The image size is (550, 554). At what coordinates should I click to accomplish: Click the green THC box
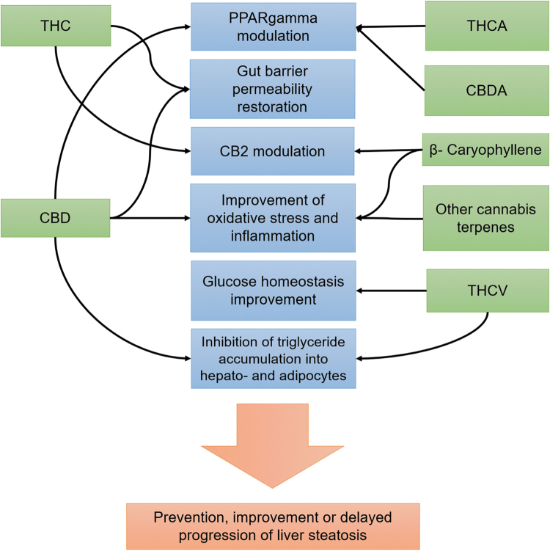click(55, 26)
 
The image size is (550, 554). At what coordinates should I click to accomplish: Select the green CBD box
click(55, 218)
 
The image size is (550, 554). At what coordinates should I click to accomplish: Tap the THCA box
click(487, 26)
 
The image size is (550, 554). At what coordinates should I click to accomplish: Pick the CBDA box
click(487, 91)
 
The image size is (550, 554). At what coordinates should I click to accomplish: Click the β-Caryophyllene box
click(485, 151)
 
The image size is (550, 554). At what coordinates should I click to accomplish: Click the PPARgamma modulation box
click(273, 26)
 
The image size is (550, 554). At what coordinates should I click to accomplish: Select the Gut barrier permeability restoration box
click(273, 89)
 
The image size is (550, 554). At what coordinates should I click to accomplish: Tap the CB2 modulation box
click(273, 151)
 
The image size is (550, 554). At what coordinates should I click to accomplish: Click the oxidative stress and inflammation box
click(273, 218)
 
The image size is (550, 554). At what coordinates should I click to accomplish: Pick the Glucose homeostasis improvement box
click(273, 291)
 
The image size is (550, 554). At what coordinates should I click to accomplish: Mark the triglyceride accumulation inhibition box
click(273, 358)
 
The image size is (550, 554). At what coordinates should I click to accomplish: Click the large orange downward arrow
click(273, 440)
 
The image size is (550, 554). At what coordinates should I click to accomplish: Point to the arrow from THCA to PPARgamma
click(392, 28)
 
